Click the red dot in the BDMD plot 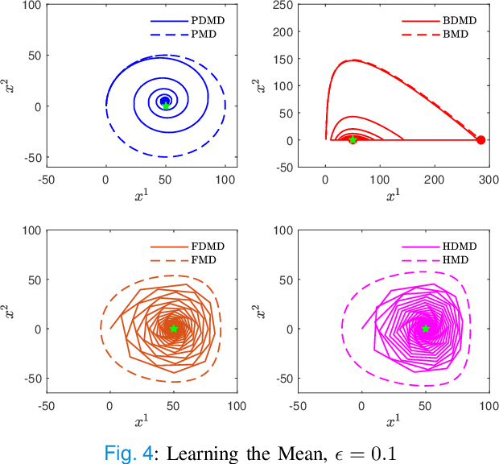point(480,140)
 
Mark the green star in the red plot point(353,139)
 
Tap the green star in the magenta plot point(426,328)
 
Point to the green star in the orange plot point(173,328)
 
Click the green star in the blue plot point(166,106)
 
